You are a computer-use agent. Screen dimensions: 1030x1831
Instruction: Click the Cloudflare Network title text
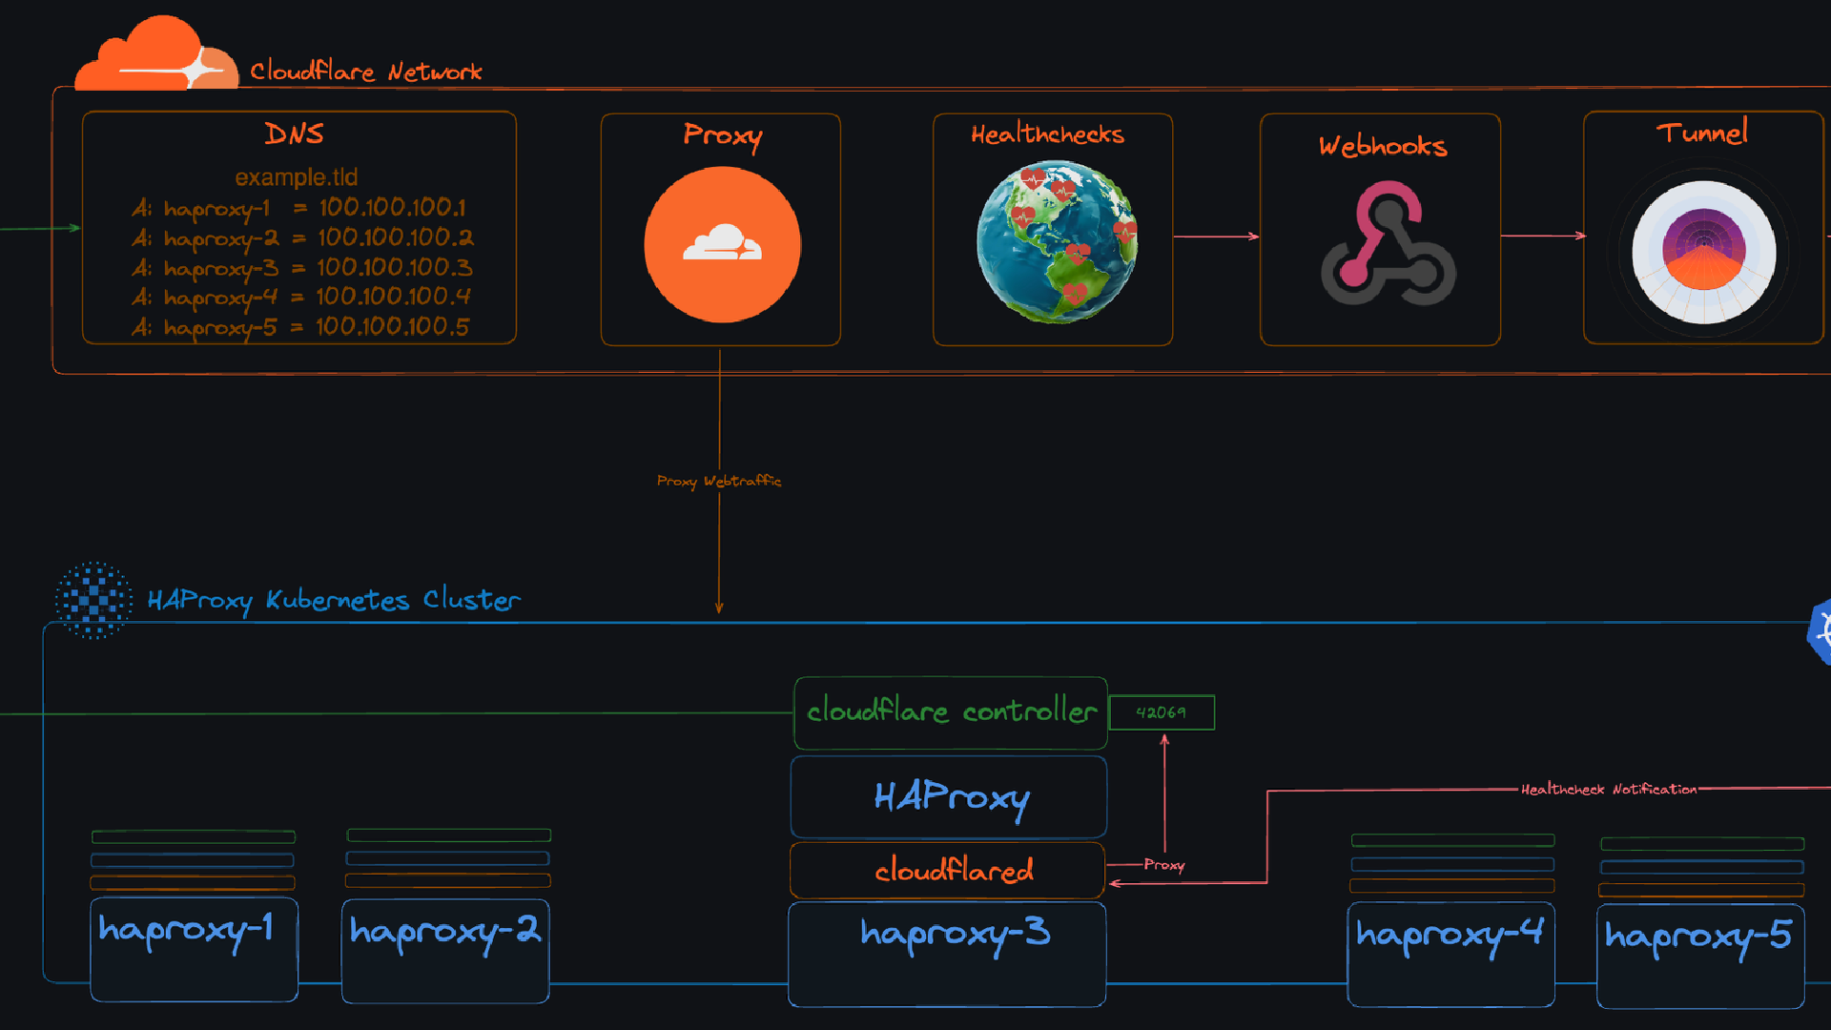click(x=365, y=72)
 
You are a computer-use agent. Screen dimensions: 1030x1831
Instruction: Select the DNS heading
click(x=294, y=134)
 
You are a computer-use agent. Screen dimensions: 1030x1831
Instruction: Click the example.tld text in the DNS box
click(x=296, y=177)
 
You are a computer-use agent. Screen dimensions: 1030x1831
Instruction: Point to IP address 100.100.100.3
click(x=394, y=267)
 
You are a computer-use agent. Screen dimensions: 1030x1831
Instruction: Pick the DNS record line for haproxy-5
click(x=300, y=327)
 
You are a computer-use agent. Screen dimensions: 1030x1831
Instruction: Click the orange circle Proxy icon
click(x=722, y=245)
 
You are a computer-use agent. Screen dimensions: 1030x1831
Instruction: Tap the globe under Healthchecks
click(x=1056, y=241)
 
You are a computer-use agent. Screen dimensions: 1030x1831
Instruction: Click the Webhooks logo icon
click(x=1388, y=246)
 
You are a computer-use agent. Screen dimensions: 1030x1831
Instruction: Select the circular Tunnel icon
click(x=1703, y=252)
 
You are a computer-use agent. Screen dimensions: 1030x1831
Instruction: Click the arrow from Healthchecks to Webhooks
click(x=1216, y=236)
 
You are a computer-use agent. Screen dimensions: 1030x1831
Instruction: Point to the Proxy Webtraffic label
click(x=719, y=481)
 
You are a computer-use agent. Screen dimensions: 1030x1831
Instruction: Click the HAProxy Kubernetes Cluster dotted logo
click(x=93, y=600)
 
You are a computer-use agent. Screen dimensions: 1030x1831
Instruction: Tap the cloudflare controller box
click(x=951, y=712)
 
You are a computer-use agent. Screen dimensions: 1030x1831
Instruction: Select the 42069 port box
click(x=1162, y=712)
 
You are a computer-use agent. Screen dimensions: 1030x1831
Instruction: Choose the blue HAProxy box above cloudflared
click(x=949, y=797)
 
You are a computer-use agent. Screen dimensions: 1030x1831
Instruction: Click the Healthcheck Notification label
click(x=1608, y=790)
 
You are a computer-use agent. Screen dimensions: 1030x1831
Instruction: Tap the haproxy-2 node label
click(x=445, y=930)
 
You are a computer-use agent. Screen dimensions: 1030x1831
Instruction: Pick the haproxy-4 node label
click(x=1450, y=934)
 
